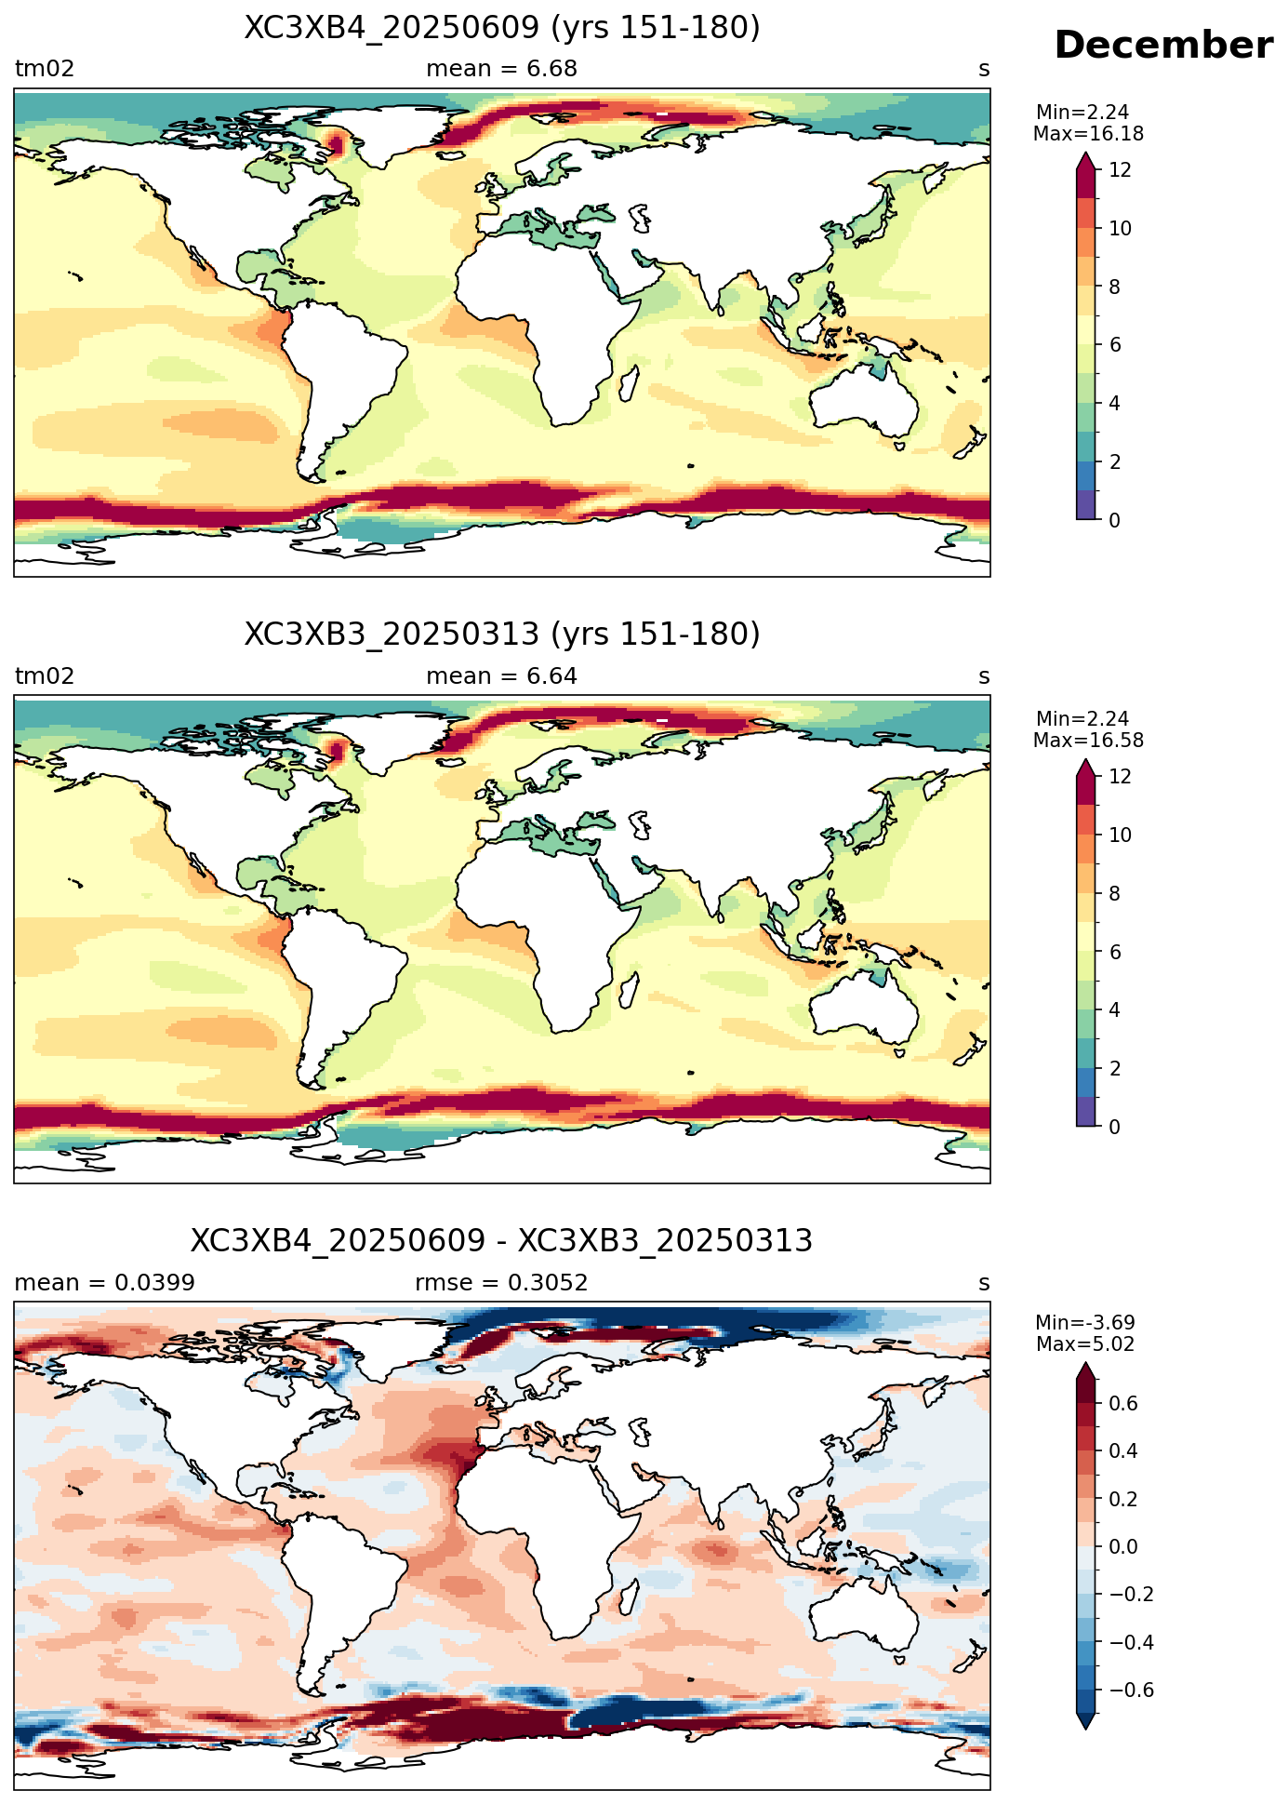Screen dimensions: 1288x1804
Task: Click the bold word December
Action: pyautogui.click(x=1162, y=45)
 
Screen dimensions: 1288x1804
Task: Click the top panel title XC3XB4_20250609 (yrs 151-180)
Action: pyautogui.click(x=502, y=28)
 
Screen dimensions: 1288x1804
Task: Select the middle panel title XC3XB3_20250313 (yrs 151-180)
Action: pyautogui.click(x=502, y=635)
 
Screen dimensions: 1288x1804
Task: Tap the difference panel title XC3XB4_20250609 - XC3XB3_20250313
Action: pyautogui.click(x=502, y=1241)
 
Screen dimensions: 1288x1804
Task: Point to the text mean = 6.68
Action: pyautogui.click(x=502, y=69)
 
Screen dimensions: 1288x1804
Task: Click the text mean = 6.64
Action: pyautogui.click(x=502, y=676)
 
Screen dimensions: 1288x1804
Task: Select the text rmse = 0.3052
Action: pyautogui.click(x=502, y=1283)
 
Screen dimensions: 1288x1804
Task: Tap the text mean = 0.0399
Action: pyautogui.click(x=105, y=1283)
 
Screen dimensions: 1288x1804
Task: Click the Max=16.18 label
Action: pyautogui.click(x=1088, y=134)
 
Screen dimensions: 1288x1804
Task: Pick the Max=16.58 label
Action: pyautogui.click(x=1088, y=741)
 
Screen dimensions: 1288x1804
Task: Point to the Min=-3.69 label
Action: pyautogui.click(x=1085, y=1323)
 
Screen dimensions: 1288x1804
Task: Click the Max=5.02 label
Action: pyautogui.click(x=1085, y=1344)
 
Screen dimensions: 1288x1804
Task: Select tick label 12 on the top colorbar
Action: pyautogui.click(x=1121, y=170)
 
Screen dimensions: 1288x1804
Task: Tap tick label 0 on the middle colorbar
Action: pyautogui.click(x=1115, y=1127)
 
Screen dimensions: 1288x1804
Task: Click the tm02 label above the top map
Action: pyautogui.click(x=45, y=69)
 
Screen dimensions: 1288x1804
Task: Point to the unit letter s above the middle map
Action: pyautogui.click(x=984, y=677)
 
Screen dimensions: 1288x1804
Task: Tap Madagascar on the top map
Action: pyautogui.click(x=630, y=383)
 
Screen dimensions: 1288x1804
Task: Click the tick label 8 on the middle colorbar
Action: pyautogui.click(x=1115, y=893)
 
